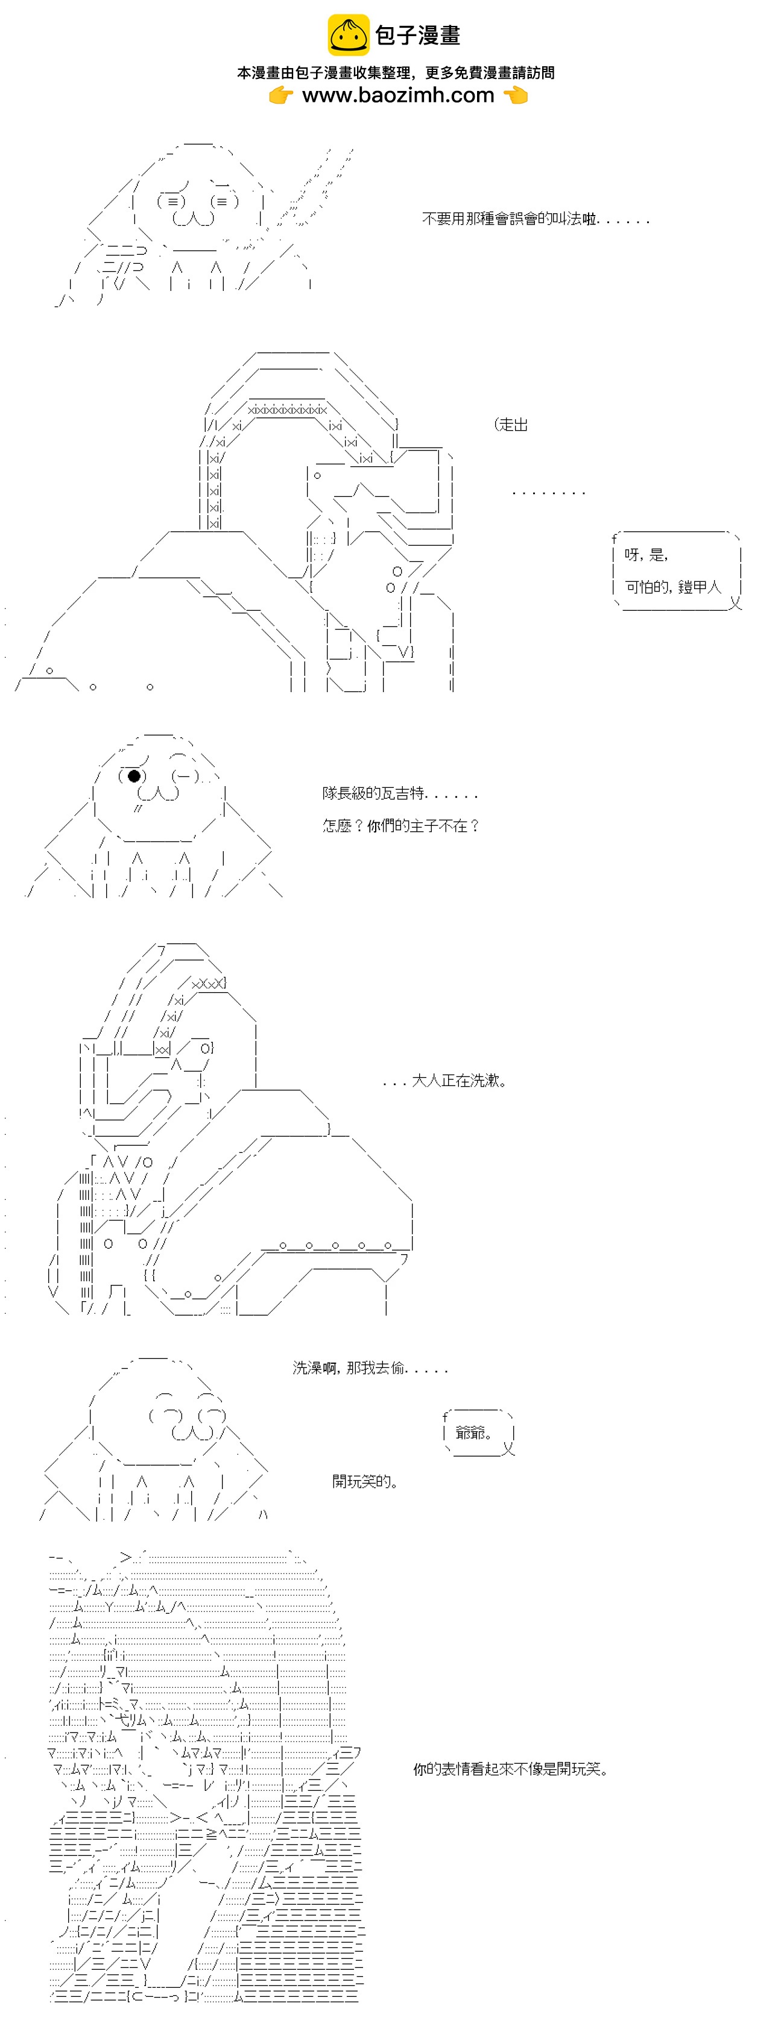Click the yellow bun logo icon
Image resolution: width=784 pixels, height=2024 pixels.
pos(347,36)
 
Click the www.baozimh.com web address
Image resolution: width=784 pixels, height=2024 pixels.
pos(398,96)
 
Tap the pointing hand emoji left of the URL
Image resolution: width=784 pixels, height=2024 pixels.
pos(280,96)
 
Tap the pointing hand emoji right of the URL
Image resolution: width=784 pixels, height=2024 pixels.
pos(515,96)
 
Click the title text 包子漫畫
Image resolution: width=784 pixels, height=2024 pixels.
pos(417,36)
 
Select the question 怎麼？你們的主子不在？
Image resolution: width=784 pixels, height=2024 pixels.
pos(400,826)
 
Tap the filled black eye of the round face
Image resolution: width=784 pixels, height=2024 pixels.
pos(134,776)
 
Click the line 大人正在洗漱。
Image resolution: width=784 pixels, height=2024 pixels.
pos(444,1081)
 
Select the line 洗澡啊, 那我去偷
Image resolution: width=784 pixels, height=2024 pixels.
pos(370,1368)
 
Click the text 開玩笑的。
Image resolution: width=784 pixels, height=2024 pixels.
pos(365,1482)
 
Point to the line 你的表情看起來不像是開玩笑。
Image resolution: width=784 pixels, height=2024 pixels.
pos(510,1769)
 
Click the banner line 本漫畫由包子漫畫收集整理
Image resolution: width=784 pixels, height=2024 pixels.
pos(396,73)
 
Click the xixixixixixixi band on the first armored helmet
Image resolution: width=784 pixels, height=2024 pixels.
pos(286,410)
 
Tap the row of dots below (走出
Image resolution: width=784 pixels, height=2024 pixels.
pos(548,493)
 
